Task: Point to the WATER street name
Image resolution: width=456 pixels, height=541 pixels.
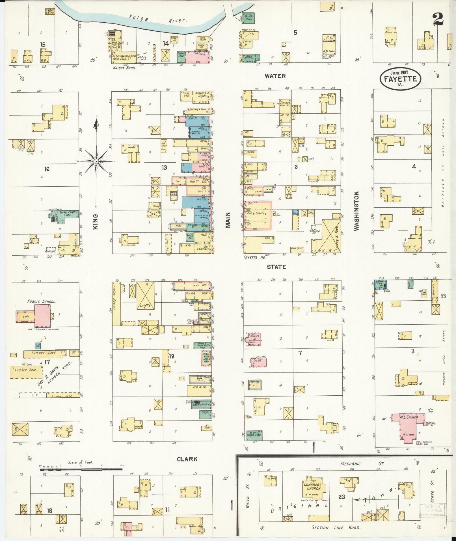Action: click(275, 76)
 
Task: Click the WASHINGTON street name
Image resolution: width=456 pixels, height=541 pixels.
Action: click(356, 211)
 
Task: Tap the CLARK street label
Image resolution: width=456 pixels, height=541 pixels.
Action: click(187, 459)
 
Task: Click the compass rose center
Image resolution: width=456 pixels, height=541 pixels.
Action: click(96, 161)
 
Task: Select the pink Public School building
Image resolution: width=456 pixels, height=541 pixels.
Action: click(42, 314)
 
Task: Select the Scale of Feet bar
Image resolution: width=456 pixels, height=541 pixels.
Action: click(81, 469)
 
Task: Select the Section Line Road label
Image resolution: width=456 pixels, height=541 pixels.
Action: click(336, 527)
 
